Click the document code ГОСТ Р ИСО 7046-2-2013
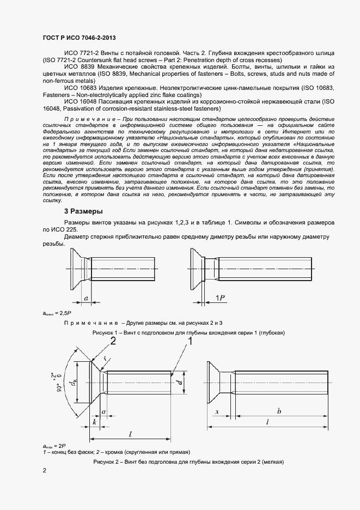(79, 38)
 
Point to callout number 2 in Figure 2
(113, 342)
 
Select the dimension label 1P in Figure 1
(221, 297)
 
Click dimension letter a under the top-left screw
(86, 298)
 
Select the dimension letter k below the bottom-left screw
(95, 422)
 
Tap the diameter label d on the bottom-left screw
(179, 383)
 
